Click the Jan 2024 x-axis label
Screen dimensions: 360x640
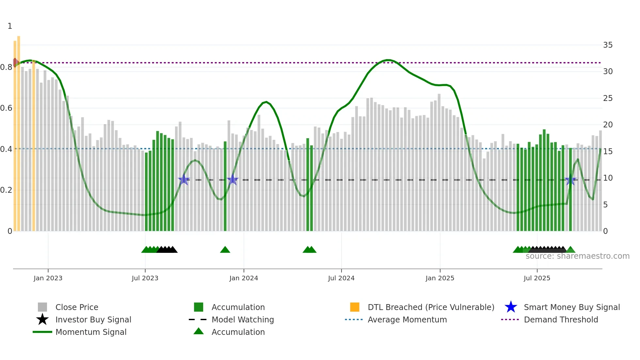(x=244, y=278)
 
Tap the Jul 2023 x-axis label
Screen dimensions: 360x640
(x=145, y=278)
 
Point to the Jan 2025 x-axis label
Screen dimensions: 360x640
(x=440, y=278)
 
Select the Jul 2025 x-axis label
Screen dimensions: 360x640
(x=537, y=278)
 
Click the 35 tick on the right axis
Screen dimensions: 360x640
(x=608, y=45)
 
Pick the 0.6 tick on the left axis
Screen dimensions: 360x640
(x=7, y=108)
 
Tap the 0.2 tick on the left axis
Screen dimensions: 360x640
(x=7, y=190)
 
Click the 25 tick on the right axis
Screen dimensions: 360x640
(x=608, y=98)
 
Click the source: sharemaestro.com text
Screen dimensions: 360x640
(x=577, y=256)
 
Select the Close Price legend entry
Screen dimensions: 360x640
(x=77, y=307)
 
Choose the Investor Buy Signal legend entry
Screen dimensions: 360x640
(x=93, y=320)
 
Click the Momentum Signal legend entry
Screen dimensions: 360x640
(x=91, y=332)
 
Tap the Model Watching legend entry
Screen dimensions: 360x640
(x=243, y=320)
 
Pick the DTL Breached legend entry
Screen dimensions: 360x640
(x=431, y=307)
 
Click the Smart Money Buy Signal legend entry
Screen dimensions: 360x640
(x=572, y=307)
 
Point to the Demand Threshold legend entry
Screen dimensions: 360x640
(x=561, y=320)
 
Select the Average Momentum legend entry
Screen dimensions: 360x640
(x=407, y=320)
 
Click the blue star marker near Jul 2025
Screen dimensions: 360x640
(x=570, y=180)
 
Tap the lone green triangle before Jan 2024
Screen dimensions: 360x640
(x=225, y=250)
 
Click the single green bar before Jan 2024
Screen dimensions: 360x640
(x=225, y=186)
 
